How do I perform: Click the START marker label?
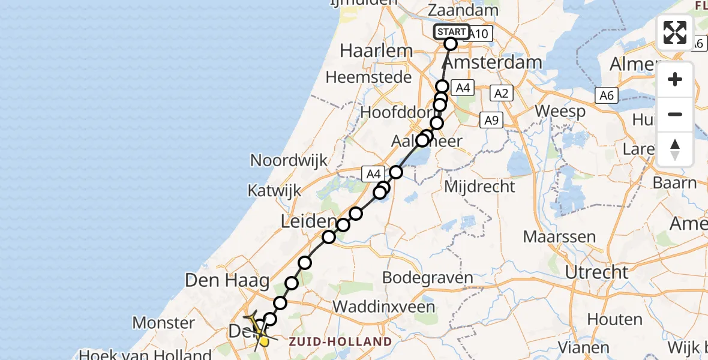451,32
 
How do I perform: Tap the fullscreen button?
675,32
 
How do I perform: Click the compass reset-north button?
675,149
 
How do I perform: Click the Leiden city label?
309,222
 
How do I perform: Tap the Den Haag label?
221,280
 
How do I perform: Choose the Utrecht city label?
596,272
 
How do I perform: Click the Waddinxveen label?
383,307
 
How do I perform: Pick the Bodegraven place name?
427,278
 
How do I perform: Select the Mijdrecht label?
479,187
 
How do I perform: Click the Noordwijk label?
289,160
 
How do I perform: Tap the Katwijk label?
274,191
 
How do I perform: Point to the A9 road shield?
491,121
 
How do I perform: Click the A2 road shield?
501,93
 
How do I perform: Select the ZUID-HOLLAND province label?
340,342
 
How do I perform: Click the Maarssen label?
559,236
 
